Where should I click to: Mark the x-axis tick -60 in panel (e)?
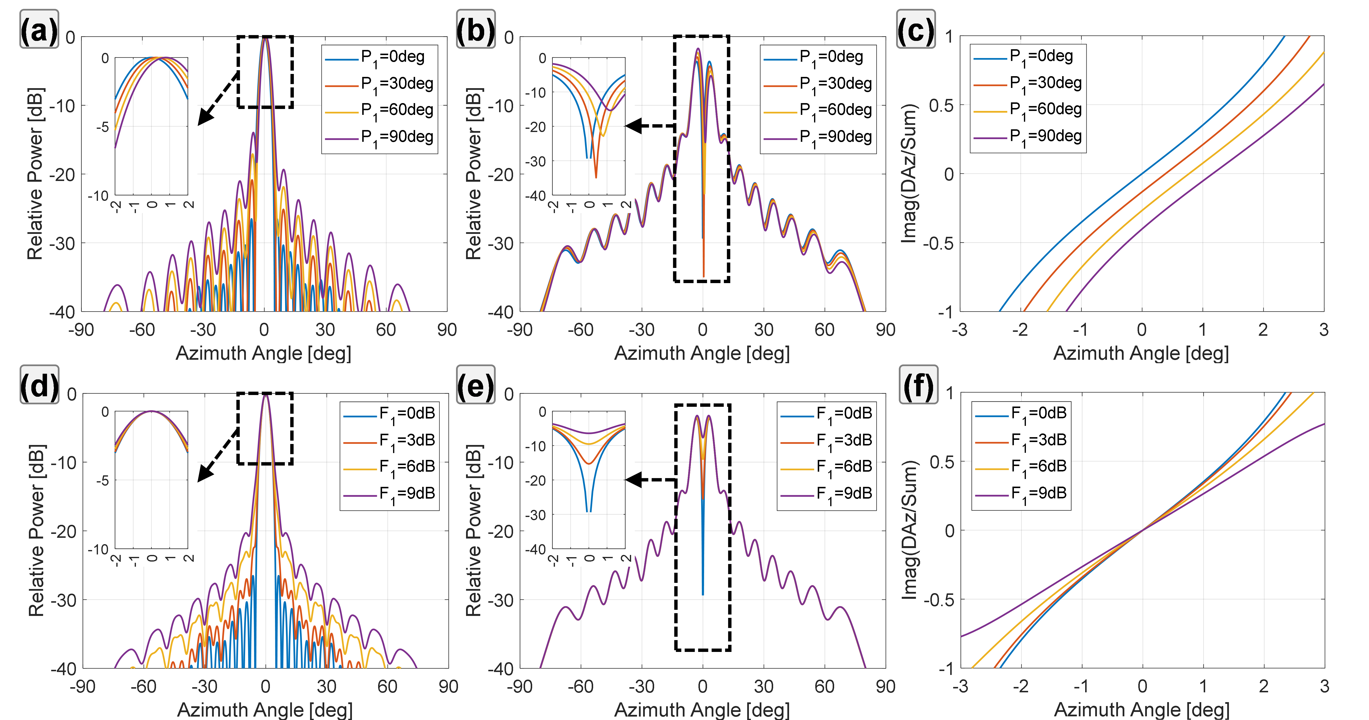coord(580,686)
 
